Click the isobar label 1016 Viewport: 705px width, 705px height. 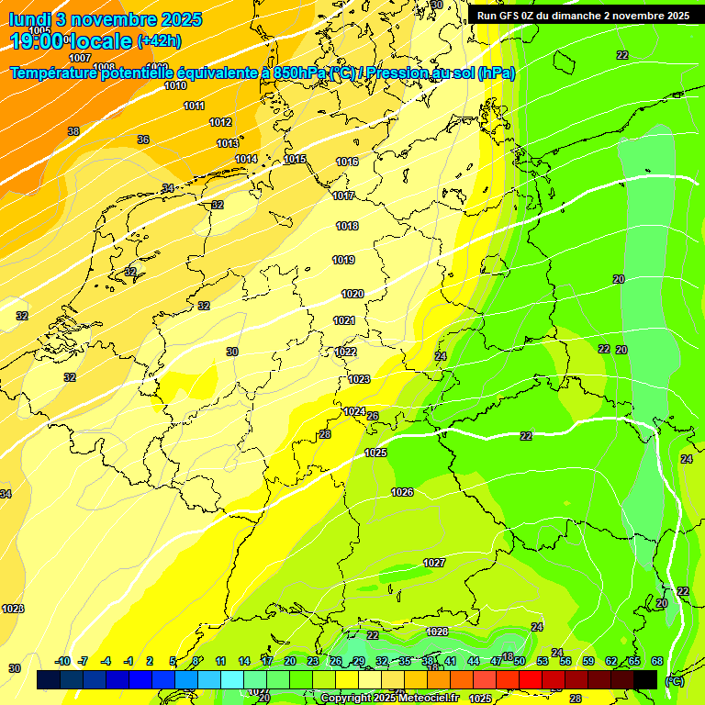tap(347, 162)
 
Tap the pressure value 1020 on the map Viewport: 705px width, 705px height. tap(352, 294)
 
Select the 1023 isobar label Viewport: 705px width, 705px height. tap(359, 379)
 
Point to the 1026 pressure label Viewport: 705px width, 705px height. tap(402, 492)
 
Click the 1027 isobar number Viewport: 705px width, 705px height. tap(434, 562)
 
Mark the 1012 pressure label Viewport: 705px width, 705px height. tap(220, 122)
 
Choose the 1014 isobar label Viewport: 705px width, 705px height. tap(246, 159)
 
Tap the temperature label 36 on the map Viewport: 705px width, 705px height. tap(143, 140)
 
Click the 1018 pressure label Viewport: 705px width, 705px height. tap(347, 226)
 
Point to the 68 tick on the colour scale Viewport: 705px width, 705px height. tap(657, 661)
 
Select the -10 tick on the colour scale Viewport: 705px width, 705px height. tap(63, 661)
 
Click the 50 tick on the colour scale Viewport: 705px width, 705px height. tap(520, 661)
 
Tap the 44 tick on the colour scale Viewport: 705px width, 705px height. tap(474, 661)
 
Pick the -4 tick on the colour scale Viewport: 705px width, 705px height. tap(106, 661)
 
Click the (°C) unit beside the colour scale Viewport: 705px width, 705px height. tap(674, 680)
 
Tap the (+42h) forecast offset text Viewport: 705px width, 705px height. tap(158, 41)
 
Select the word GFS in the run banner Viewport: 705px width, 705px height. tap(512, 16)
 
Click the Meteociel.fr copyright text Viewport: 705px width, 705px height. tap(417, 699)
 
